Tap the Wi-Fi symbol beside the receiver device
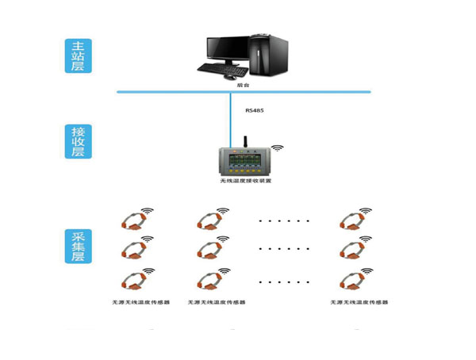[x=277, y=148]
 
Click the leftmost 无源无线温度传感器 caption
[x=140, y=302]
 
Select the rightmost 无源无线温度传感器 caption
[x=359, y=302]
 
